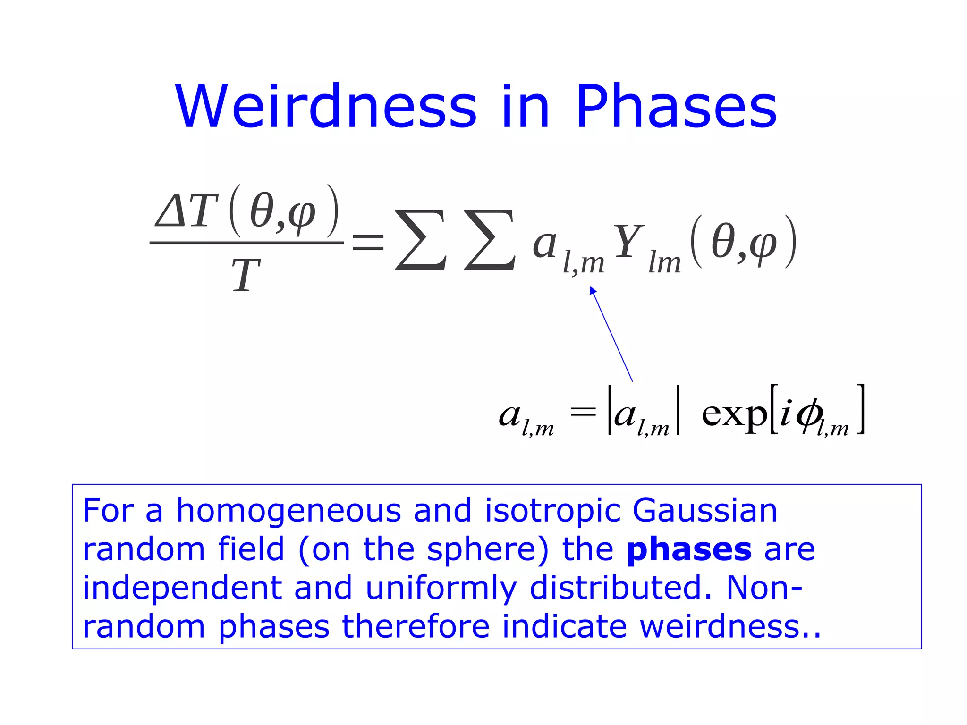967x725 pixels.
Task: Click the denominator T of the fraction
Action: [x=246, y=276]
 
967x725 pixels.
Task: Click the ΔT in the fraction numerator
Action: [x=187, y=211]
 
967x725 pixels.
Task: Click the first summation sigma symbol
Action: [x=421, y=240]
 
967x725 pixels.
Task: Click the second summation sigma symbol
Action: [x=490, y=240]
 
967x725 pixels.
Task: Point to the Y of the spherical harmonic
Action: [x=628, y=242]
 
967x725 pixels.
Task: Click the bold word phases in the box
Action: [x=689, y=550]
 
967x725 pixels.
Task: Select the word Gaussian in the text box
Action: [x=704, y=511]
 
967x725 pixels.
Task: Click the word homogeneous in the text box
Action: [x=288, y=511]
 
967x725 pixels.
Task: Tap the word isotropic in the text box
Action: [x=552, y=511]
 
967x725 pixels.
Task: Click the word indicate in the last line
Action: [x=564, y=627]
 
